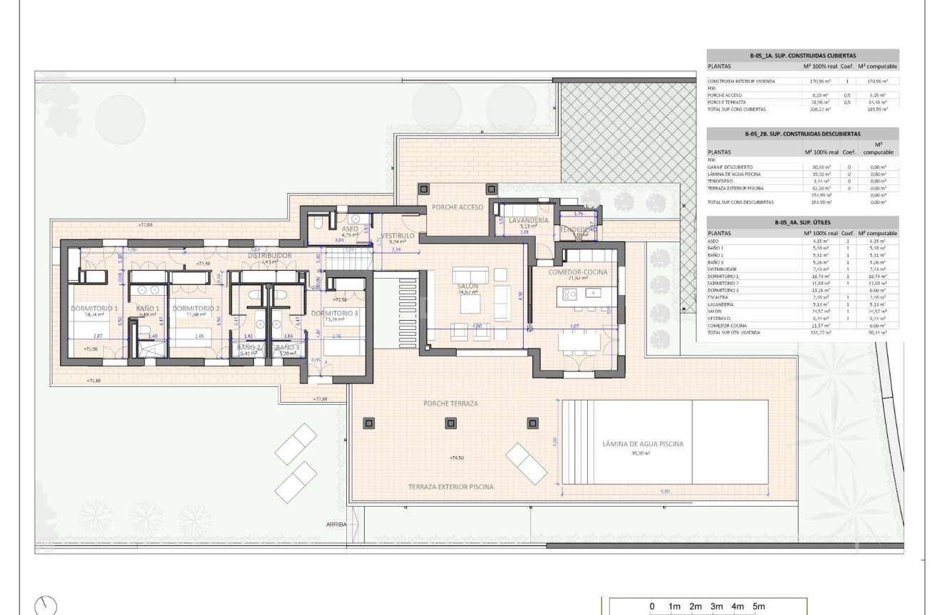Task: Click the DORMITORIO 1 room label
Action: pos(95,309)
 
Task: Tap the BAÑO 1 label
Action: pos(147,309)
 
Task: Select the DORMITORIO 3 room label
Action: pos(334,313)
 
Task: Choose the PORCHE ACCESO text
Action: pos(457,207)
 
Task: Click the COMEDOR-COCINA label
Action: pos(577,272)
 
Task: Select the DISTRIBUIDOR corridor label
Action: pos(269,254)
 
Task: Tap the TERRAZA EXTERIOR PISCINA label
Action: pos(450,487)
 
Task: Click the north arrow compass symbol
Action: pos(44,604)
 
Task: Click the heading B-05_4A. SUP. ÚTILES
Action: pos(802,223)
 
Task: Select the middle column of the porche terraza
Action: pos(450,423)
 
